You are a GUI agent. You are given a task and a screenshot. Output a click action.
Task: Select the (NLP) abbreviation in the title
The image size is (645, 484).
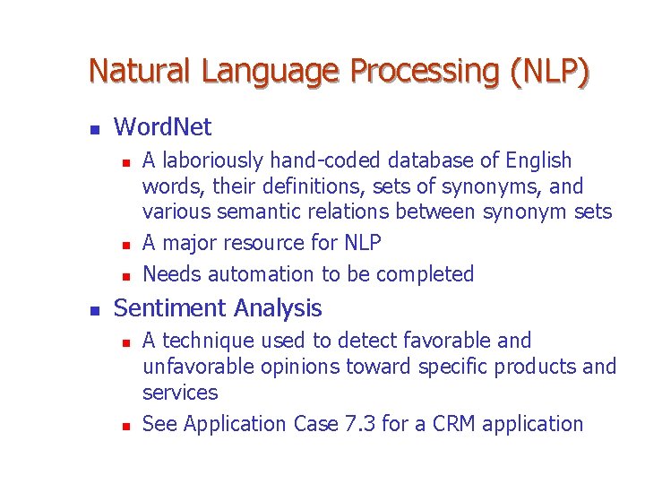[550, 70]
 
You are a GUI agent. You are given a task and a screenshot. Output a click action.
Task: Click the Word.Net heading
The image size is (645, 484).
[163, 127]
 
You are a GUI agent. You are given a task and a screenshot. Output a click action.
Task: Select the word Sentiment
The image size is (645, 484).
[170, 308]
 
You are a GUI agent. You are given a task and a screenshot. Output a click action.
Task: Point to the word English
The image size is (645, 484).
[538, 161]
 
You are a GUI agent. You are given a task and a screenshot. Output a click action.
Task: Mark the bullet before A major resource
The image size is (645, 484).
[126, 244]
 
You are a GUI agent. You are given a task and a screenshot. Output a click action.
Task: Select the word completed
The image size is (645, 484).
[425, 274]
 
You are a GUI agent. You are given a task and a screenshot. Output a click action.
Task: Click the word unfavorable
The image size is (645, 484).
[195, 367]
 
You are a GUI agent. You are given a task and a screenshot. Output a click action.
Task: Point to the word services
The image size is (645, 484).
[180, 393]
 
